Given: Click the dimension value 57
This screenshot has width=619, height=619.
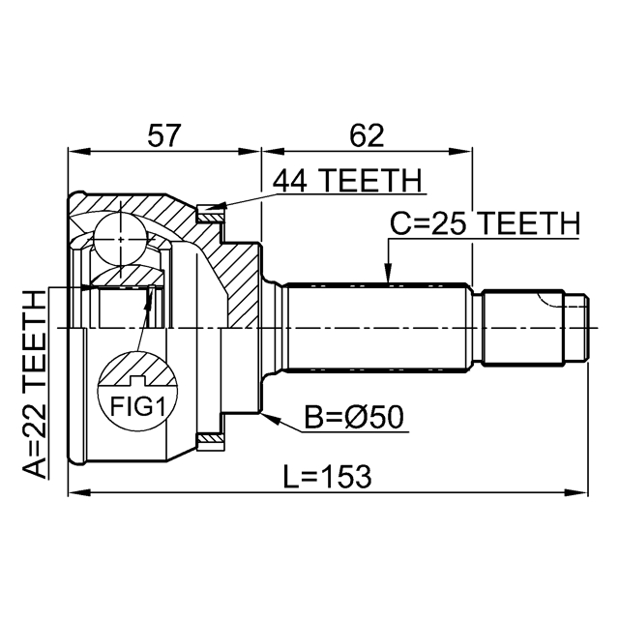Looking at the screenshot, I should (163, 135).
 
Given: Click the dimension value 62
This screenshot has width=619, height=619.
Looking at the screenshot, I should (366, 135).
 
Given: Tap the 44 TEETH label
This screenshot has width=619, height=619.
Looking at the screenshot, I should (347, 181).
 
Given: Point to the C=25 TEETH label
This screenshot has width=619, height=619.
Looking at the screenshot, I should (484, 224).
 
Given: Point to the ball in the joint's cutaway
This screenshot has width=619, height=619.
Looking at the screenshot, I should (117, 236).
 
